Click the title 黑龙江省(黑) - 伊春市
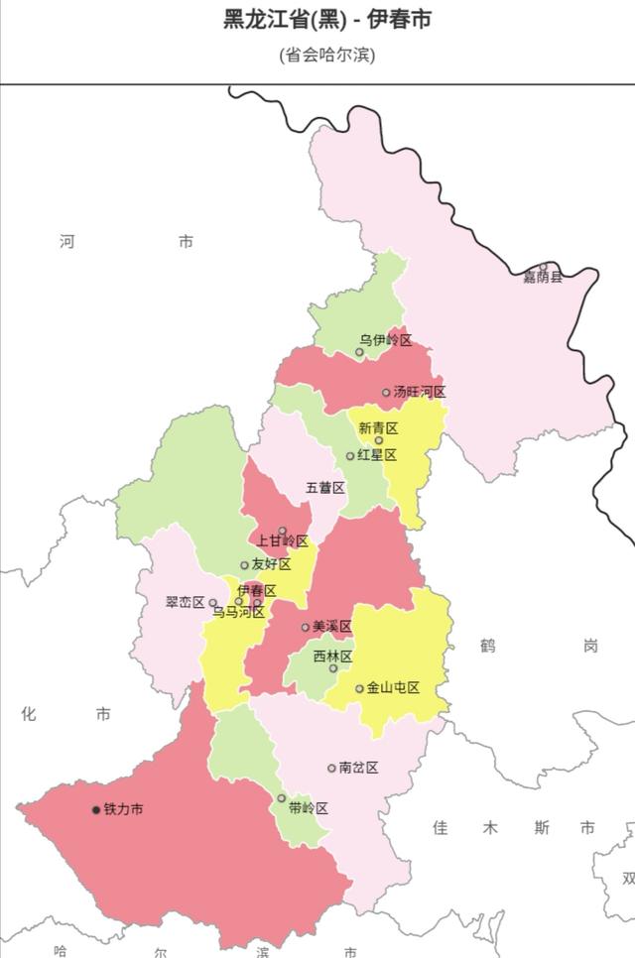pyautogui.click(x=326, y=19)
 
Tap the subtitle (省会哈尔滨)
pyautogui.click(x=326, y=54)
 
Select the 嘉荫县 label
pyautogui.click(x=543, y=277)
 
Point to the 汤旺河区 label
pyautogui.click(x=419, y=392)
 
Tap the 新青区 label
pyautogui.click(x=378, y=428)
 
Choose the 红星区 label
pyautogui.click(x=377, y=455)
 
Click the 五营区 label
pyautogui.click(x=324, y=488)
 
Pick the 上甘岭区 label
pyautogui.click(x=283, y=540)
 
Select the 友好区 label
pyautogui.click(x=271, y=564)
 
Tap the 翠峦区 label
pyautogui.click(x=185, y=602)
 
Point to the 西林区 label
pyautogui.click(x=332, y=657)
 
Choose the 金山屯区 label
pyautogui.click(x=393, y=687)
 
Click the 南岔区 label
pyautogui.click(x=358, y=768)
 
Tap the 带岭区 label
pyautogui.click(x=308, y=808)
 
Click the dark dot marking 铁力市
pyautogui.click(x=96, y=810)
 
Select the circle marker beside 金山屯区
pyautogui.click(x=359, y=688)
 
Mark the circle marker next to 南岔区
pyautogui.click(x=331, y=768)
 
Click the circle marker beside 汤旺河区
pyautogui.click(x=386, y=393)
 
